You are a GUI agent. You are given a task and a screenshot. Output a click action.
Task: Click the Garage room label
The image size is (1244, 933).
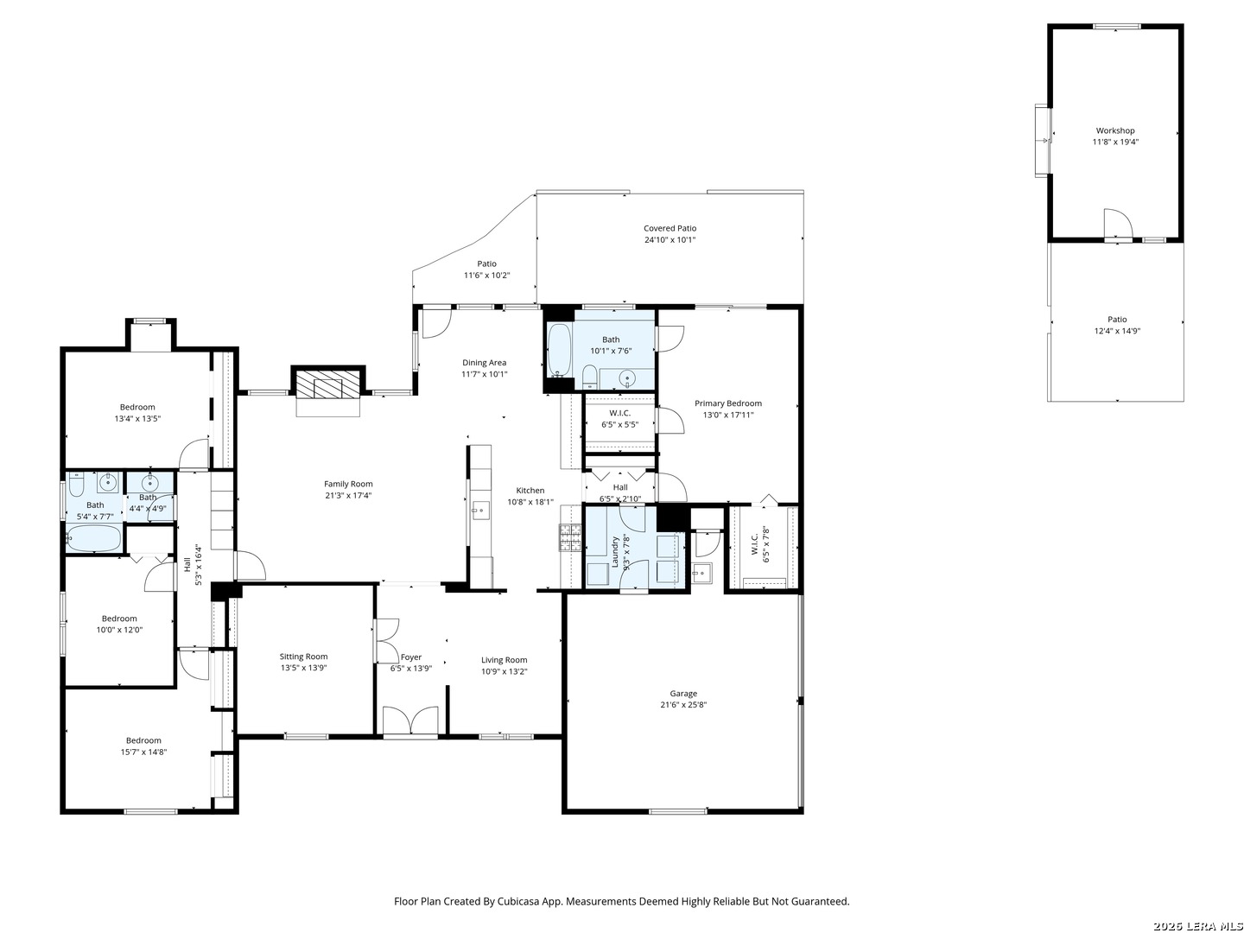click(x=683, y=693)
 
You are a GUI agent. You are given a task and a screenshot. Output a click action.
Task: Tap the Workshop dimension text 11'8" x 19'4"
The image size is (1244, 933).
click(x=1114, y=142)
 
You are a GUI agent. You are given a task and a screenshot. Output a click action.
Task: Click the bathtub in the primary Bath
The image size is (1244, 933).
click(x=558, y=350)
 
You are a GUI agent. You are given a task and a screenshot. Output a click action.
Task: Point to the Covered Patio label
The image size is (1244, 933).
click(x=670, y=228)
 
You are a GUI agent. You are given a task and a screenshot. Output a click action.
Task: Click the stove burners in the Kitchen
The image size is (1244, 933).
click(x=571, y=537)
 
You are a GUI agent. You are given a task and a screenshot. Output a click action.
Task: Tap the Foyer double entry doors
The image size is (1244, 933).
click(x=410, y=721)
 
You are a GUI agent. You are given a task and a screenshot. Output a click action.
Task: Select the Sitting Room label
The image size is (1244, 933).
click(x=303, y=657)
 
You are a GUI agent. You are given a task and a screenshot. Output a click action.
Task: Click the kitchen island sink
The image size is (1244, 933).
click(x=479, y=510)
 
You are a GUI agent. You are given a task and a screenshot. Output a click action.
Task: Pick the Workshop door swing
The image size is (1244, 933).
click(x=1118, y=223)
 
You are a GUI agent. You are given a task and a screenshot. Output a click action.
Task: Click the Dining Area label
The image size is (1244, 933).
click(x=484, y=363)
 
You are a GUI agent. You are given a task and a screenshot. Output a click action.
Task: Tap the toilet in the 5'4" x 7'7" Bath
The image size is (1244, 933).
click(x=76, y=484)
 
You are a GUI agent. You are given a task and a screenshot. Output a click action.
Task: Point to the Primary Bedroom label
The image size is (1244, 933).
click(x=727, y=403)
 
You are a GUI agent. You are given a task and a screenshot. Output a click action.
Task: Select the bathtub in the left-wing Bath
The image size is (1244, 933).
click(x=93, y=537)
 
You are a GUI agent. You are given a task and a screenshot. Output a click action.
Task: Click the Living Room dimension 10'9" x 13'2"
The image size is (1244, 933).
click(x=504, y=671)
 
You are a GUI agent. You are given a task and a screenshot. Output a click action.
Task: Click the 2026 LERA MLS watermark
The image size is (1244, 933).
click(x=1197, y=926)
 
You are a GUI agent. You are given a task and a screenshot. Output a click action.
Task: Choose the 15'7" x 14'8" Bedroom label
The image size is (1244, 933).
click(x=143, y=740)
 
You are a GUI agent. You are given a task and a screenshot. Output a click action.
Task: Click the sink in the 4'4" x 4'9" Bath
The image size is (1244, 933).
click(x=150, y=483)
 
